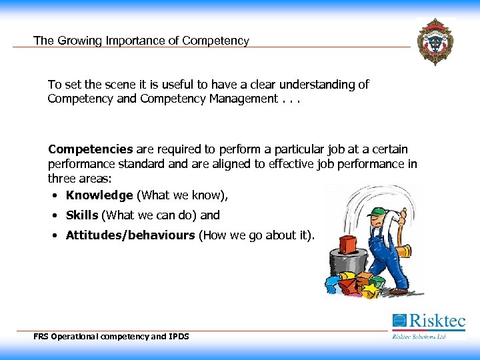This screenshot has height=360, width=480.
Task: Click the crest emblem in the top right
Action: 435,41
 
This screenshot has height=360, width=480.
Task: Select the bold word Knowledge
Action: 99,195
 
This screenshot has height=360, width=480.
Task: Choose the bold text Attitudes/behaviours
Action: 130,235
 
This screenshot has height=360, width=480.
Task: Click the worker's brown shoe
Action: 398,291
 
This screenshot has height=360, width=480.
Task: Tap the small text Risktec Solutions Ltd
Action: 419,336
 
